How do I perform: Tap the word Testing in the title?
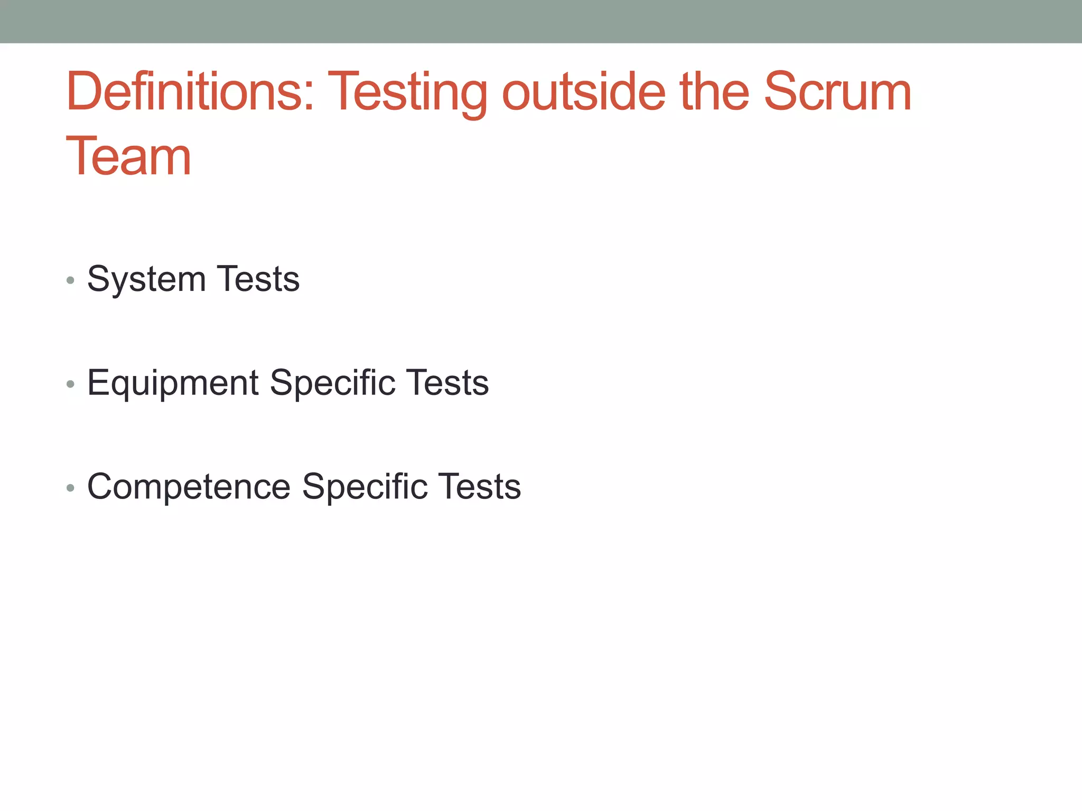coord(407,93)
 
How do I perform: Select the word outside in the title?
coord(583,92)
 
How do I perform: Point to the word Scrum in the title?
coord(837,92)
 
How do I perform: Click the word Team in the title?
coord(128,157)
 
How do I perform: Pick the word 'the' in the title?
coord(715,92)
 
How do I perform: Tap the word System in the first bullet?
coord(146,279)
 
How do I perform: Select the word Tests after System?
coord(258,279)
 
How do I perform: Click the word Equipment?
coord(173,383)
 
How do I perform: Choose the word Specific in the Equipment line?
coord(332,382)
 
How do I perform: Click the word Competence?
coord(189,486)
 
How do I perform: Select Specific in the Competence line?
coord(365,486)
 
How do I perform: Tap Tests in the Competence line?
coord(479,486)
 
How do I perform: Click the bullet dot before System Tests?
coord(70,280)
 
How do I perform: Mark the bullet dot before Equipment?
coord(70,384)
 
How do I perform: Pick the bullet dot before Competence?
coord(70,488)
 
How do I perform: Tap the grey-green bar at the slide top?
coord(541,21)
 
